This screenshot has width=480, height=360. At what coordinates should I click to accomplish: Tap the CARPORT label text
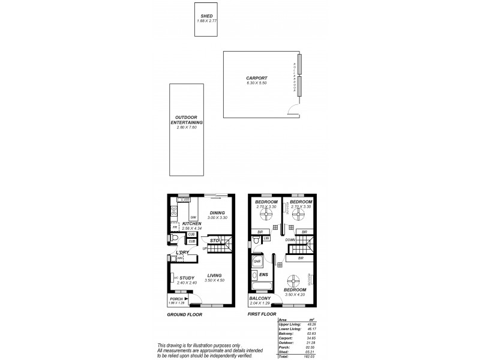pyautogui.click(x=256, y=78)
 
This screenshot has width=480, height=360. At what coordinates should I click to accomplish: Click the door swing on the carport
pyautogui.click(x=293, y=111)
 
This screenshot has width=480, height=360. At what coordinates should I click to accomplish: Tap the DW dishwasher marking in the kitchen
pyautogui.click(x=193, y=217)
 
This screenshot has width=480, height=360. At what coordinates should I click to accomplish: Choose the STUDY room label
pyautogui.click(x=187, y=278)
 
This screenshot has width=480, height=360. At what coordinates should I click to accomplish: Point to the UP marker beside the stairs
pyautogui.click(x=205, y=248)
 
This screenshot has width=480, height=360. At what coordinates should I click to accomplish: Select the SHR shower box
pyautogui.click(x=257, y=262)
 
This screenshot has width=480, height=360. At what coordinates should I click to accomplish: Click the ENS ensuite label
pyautogui.click(x=262, y=275)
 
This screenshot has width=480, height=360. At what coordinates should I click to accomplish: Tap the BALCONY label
pyautogui.click(x=260, y=298)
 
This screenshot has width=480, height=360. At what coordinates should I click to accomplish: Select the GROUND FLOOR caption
pyautogui.click(x=184, y=314)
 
